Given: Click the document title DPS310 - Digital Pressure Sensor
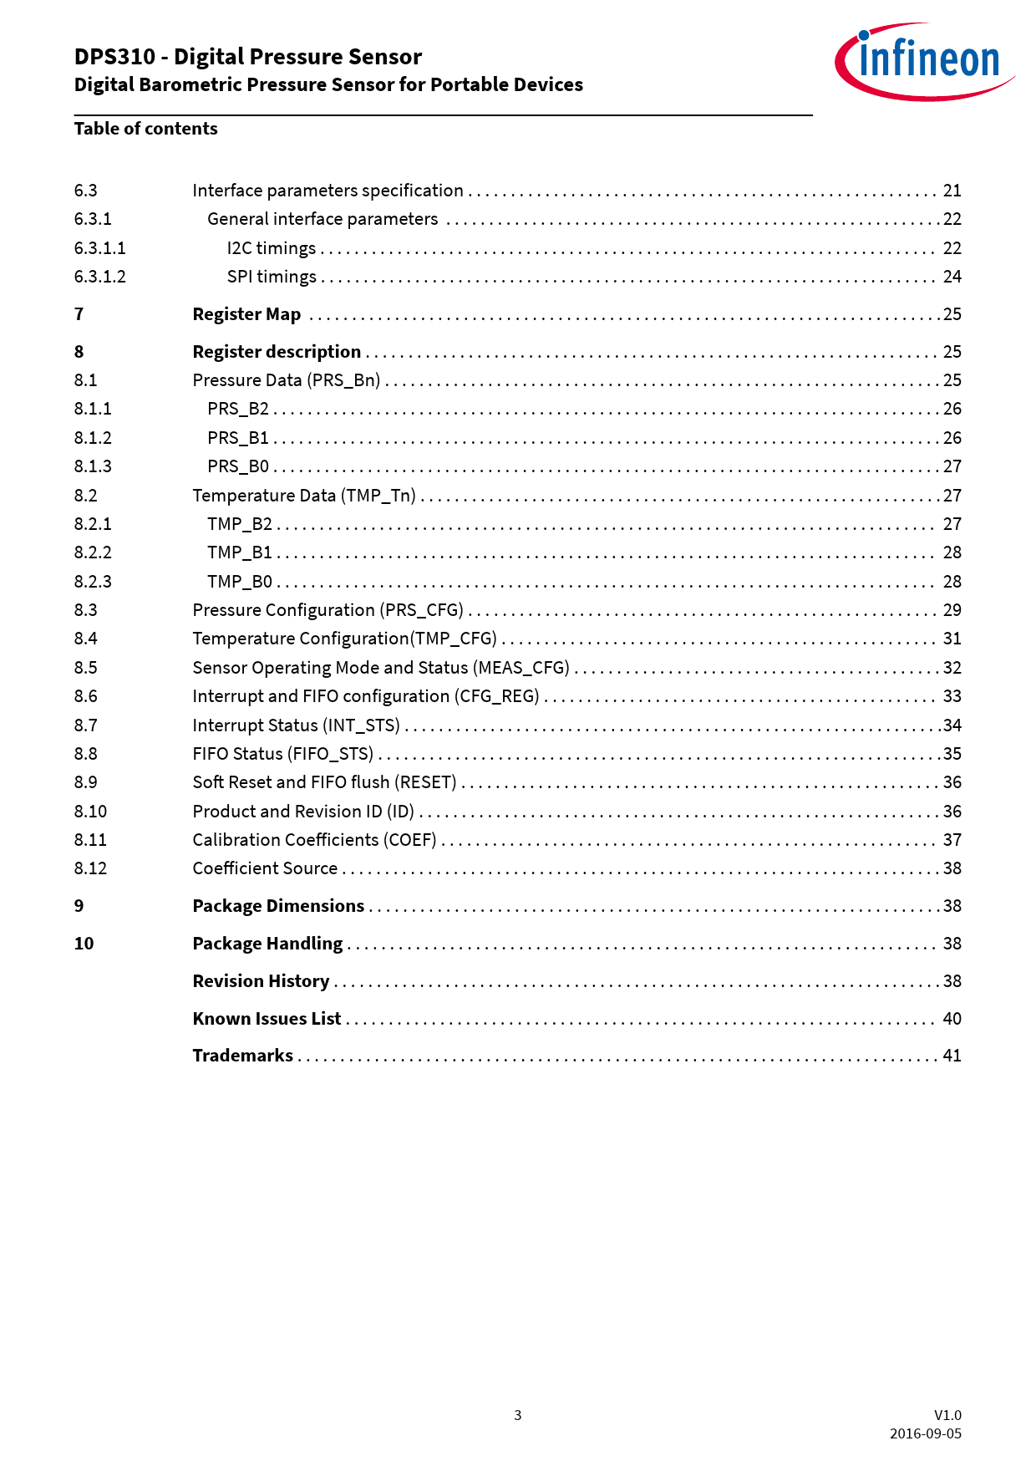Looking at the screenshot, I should (x=248, y=57).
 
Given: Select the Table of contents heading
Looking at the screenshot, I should (x=145, y=129).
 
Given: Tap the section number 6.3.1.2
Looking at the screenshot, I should (x=99, y=277).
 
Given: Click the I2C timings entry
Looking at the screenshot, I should (x=271, y=248).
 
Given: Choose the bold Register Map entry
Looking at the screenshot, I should (x=246, y=314).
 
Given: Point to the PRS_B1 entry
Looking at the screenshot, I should (x=238, y=438).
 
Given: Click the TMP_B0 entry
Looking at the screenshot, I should (x=240, y=582).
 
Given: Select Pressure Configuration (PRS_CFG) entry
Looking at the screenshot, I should (x=328, y=610).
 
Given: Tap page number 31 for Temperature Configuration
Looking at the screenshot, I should (x=952, y=639).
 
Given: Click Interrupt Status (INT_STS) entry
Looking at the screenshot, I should (x=296, y=725).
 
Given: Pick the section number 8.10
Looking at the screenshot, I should (x=90, y=812).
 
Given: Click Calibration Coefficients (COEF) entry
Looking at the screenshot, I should (x=314, y=840).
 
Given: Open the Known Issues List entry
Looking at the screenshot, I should (x=267, y=1019).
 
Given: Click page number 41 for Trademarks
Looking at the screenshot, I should (x=952, y=1056).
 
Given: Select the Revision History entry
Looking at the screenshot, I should (x=261, y=981).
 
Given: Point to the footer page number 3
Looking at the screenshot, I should (x=517, y=1415).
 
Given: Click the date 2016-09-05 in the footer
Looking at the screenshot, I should (x=925, y=1433).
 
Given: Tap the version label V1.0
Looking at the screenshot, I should (x=947, y=1415).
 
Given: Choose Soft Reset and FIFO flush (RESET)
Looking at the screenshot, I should (x=324, y=782).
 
